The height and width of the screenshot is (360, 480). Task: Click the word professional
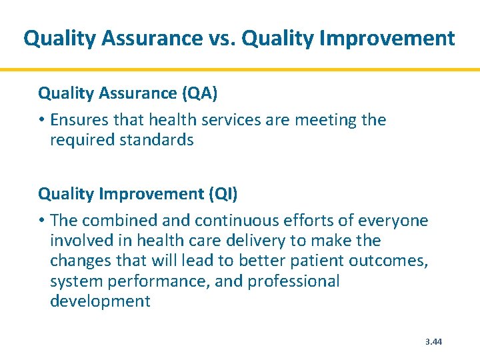pos(293,281)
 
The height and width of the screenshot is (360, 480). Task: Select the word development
pos(100,301)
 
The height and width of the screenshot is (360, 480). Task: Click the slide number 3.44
pos(433,342)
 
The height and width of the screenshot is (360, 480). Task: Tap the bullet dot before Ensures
pos(41,121)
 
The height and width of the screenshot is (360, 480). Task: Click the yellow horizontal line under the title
pos(240,69)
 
